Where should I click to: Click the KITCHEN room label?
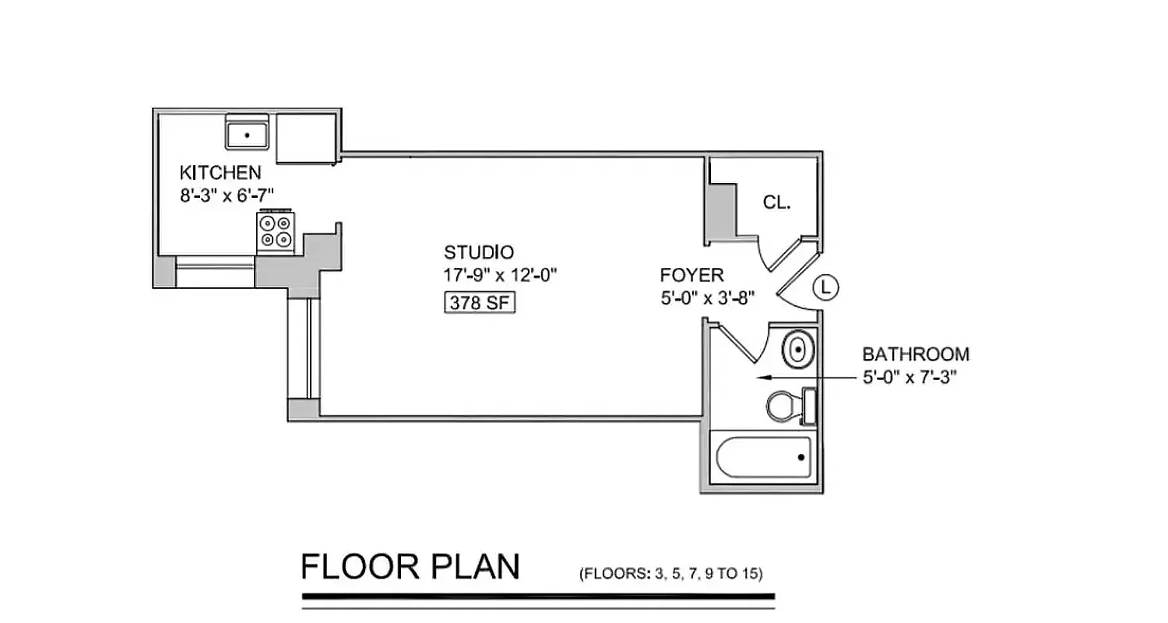click(220, 172)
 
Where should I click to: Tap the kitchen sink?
click(247, 133)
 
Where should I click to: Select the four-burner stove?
click(275, 231)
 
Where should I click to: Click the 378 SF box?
click(480, 303)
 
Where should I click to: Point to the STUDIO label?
click(479, 252)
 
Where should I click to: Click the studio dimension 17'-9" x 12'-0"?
click(501, 275)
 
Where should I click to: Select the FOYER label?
click(691, 275)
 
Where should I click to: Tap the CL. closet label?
click(776, 202)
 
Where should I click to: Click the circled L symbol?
click(826, 288)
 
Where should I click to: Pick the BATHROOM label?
click(916, 354)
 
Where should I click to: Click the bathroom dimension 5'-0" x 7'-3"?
click(909, 378)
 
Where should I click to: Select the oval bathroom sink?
click(797, 349)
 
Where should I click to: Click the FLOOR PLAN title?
click(410, 567)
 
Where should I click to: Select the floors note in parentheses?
click(670, 575)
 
